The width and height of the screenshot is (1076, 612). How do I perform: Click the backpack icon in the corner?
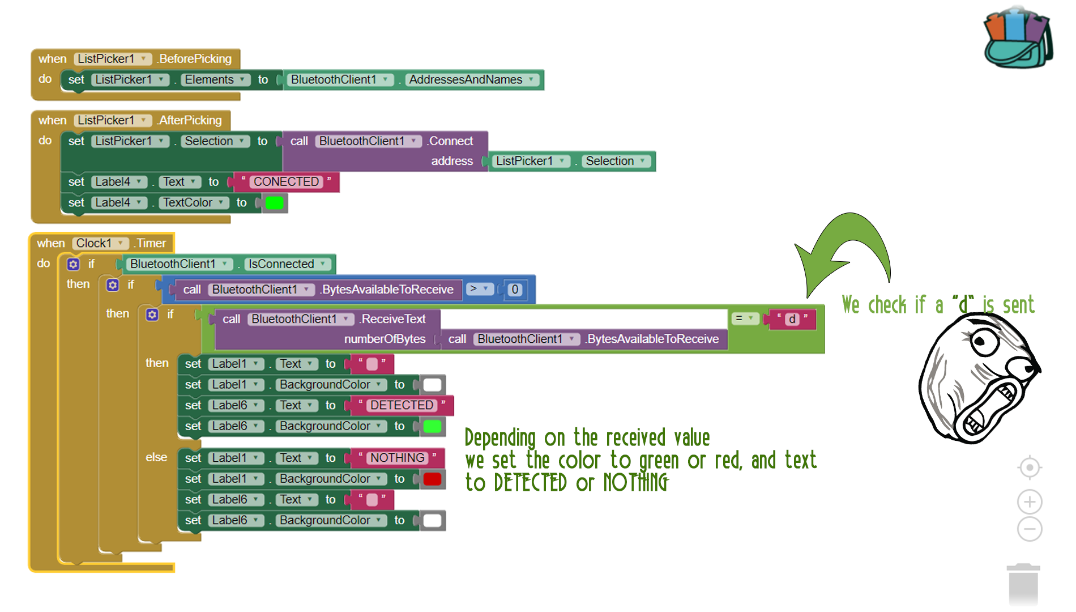(1018, 39)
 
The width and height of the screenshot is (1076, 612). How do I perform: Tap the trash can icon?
(1023, 585)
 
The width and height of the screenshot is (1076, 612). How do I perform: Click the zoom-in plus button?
(1029, 501)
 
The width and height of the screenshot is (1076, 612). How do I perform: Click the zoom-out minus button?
(1029, 529)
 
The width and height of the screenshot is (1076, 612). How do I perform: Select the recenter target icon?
(1029, 468)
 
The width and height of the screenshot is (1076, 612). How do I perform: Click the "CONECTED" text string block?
(286, 182)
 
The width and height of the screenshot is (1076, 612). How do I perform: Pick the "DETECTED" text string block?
(402, 405)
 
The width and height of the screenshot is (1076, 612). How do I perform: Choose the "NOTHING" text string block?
(397, 458)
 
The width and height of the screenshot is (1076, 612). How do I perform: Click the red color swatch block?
(432, 479)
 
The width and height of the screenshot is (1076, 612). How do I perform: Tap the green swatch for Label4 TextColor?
(275, 203)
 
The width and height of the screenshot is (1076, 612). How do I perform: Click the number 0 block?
(515, 290)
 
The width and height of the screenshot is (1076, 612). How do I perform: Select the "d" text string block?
(792, 319)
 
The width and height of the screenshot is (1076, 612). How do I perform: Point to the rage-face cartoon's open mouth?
(988, 405)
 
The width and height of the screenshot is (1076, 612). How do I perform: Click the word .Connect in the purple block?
(451, 141)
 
